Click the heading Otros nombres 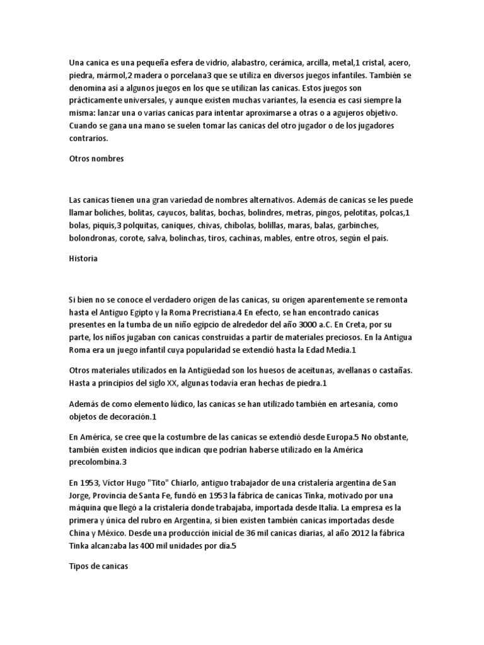96,159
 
